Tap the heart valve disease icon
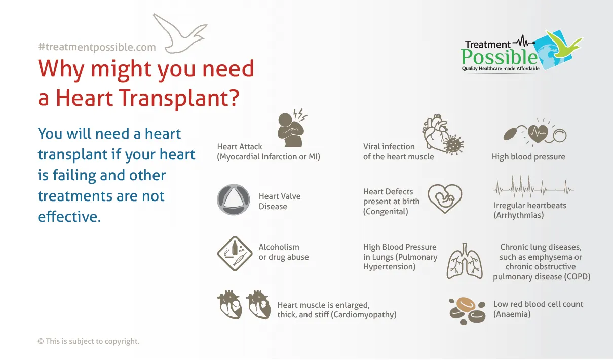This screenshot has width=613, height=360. [x=234, y=199]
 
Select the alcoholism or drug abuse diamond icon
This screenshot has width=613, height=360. [x=235, y=254]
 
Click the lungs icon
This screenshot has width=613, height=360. [x=465, y=261]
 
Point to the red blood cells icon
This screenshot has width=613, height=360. [x=468, y=311]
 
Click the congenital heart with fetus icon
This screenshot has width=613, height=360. [x=445, y=198]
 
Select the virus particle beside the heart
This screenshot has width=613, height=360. [x=454, y=145]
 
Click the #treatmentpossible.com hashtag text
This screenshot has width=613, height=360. [x=97, y=47]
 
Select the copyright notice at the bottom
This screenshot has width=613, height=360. [x=88, y=341]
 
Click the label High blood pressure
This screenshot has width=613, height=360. [x=528, y=157]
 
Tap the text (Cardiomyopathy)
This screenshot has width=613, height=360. [x=364, y=315]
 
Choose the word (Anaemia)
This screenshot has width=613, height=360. [x=512, y=314]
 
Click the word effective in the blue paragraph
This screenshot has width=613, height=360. [x=69, y=216]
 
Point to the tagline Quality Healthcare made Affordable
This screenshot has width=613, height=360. [x=501, y=69]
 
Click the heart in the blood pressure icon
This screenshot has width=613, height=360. [x=538, y=134]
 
